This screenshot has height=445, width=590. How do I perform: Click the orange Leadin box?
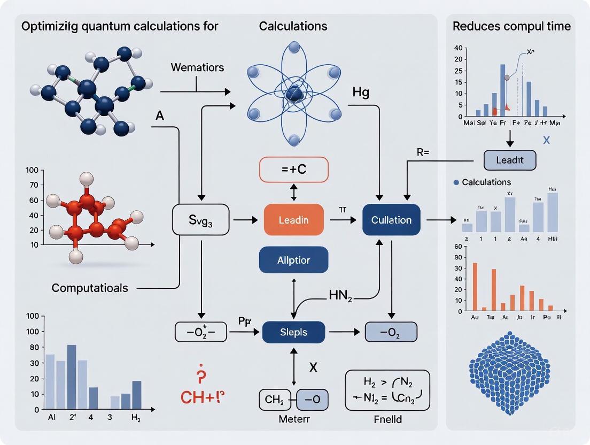(x=293, y=220)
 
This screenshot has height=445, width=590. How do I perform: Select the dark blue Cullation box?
(x=391, y=220)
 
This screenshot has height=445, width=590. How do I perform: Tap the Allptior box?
(x=293, y=260)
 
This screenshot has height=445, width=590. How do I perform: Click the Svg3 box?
(x=200, y=220)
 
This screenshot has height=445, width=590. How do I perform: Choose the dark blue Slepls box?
(x=293, y=332)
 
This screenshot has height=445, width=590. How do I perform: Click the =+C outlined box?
(x=293, y=171)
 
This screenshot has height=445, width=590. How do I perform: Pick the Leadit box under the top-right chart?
(x=509, y=160)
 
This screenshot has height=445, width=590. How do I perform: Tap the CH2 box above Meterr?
(x=274, y=400)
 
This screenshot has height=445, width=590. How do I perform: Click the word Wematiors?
(x=197, y=68)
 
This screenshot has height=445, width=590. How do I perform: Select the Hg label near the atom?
(x=361, y=93)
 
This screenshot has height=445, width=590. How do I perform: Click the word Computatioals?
(x=90, y=288)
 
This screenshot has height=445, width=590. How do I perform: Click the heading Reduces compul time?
(x=511, y=26)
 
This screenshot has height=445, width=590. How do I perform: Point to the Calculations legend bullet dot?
(x=456, y=182)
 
